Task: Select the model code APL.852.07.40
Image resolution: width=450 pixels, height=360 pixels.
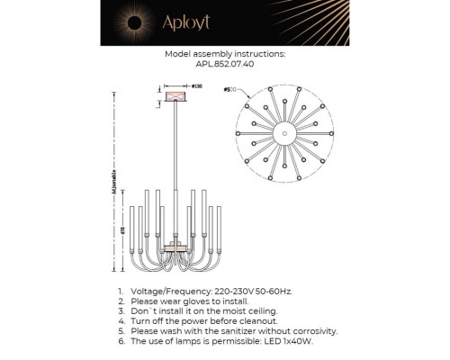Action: click(225, 65)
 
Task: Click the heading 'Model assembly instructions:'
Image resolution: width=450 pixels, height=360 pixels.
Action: click(225, 54)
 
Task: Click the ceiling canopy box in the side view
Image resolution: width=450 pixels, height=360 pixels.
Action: click(175, 94)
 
